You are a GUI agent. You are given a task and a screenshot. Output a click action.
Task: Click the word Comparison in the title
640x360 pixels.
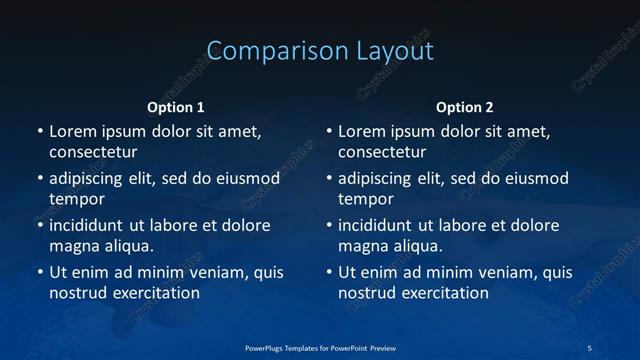pyautogui.click(x=267, y=51)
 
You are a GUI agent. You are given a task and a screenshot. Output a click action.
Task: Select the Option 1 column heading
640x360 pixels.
pyautogui.click(x=176, y=107)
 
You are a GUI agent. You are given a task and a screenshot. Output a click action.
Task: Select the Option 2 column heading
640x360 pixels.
pyautogui.click(x=465, y=107)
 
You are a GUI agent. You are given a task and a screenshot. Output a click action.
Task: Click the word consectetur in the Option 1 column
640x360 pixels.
pyautogui.click(x=93, y=152)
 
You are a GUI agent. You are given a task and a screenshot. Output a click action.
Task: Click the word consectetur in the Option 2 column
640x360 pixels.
pyautogui.click(x=382, y=152)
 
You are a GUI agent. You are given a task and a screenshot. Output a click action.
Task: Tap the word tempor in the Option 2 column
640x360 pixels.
pyautogui.click(x=366, y=199)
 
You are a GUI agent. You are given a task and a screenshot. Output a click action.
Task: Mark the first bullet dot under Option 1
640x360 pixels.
pyautogui.click(x=40, y=132)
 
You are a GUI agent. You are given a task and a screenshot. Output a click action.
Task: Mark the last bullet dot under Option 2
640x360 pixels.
pyautogui.click(x=329, y=273)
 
